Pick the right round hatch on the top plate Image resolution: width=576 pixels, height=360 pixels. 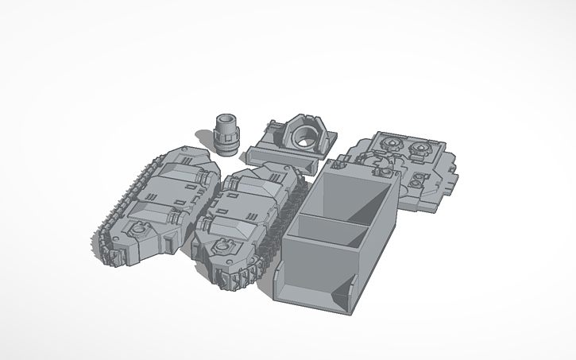point(418,149)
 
